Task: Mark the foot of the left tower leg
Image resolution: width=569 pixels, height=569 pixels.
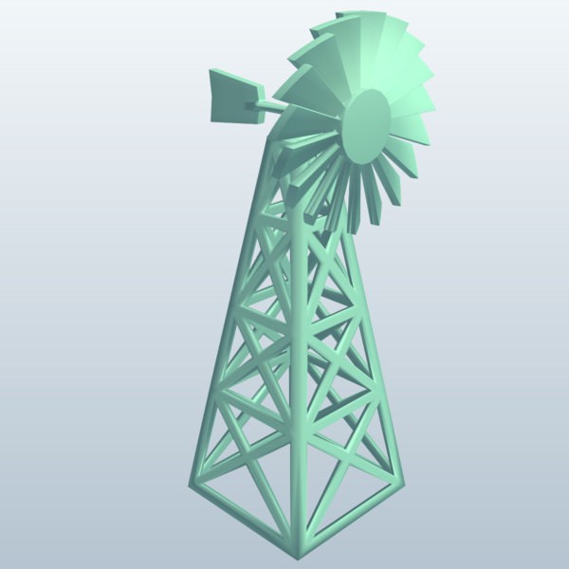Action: (197, 489)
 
